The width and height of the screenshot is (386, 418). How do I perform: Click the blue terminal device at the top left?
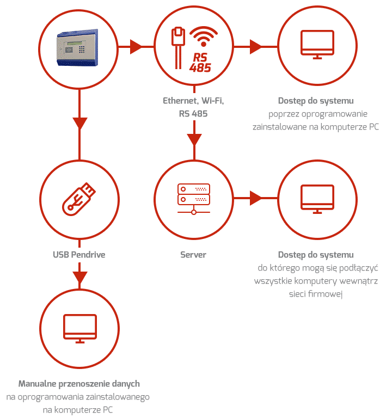click(x=77, y=47)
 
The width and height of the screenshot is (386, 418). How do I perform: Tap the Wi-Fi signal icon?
click(x=204, y=36)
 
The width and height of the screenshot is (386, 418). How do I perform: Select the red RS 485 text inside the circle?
click(x=200, y=63)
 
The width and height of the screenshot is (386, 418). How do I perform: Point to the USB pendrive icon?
click(x=78, y=199)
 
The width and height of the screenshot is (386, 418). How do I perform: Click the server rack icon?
click(x=194, y=199)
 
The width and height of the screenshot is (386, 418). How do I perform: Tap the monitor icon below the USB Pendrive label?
click(x=79, y=328)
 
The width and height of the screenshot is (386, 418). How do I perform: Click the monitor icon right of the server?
click(x=317, y=199)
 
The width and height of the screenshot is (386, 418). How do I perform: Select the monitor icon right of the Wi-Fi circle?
click(x=317, y=45)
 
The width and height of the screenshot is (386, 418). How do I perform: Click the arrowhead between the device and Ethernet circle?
click(x=136, y=47)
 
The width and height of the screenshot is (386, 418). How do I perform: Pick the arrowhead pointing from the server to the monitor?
click(x=256, y=198)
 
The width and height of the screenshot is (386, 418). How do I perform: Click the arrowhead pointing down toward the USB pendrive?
click(x=79, y=124)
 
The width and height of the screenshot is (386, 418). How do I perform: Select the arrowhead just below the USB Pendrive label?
click(x=79, y=278)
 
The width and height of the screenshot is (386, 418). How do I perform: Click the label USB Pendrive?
click(x=79, y=255)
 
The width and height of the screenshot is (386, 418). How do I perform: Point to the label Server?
click(x=193, y=255)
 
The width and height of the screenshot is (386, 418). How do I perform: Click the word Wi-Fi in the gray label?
click(x=212, y=101)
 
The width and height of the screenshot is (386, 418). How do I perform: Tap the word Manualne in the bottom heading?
click(x=38, y=384)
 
